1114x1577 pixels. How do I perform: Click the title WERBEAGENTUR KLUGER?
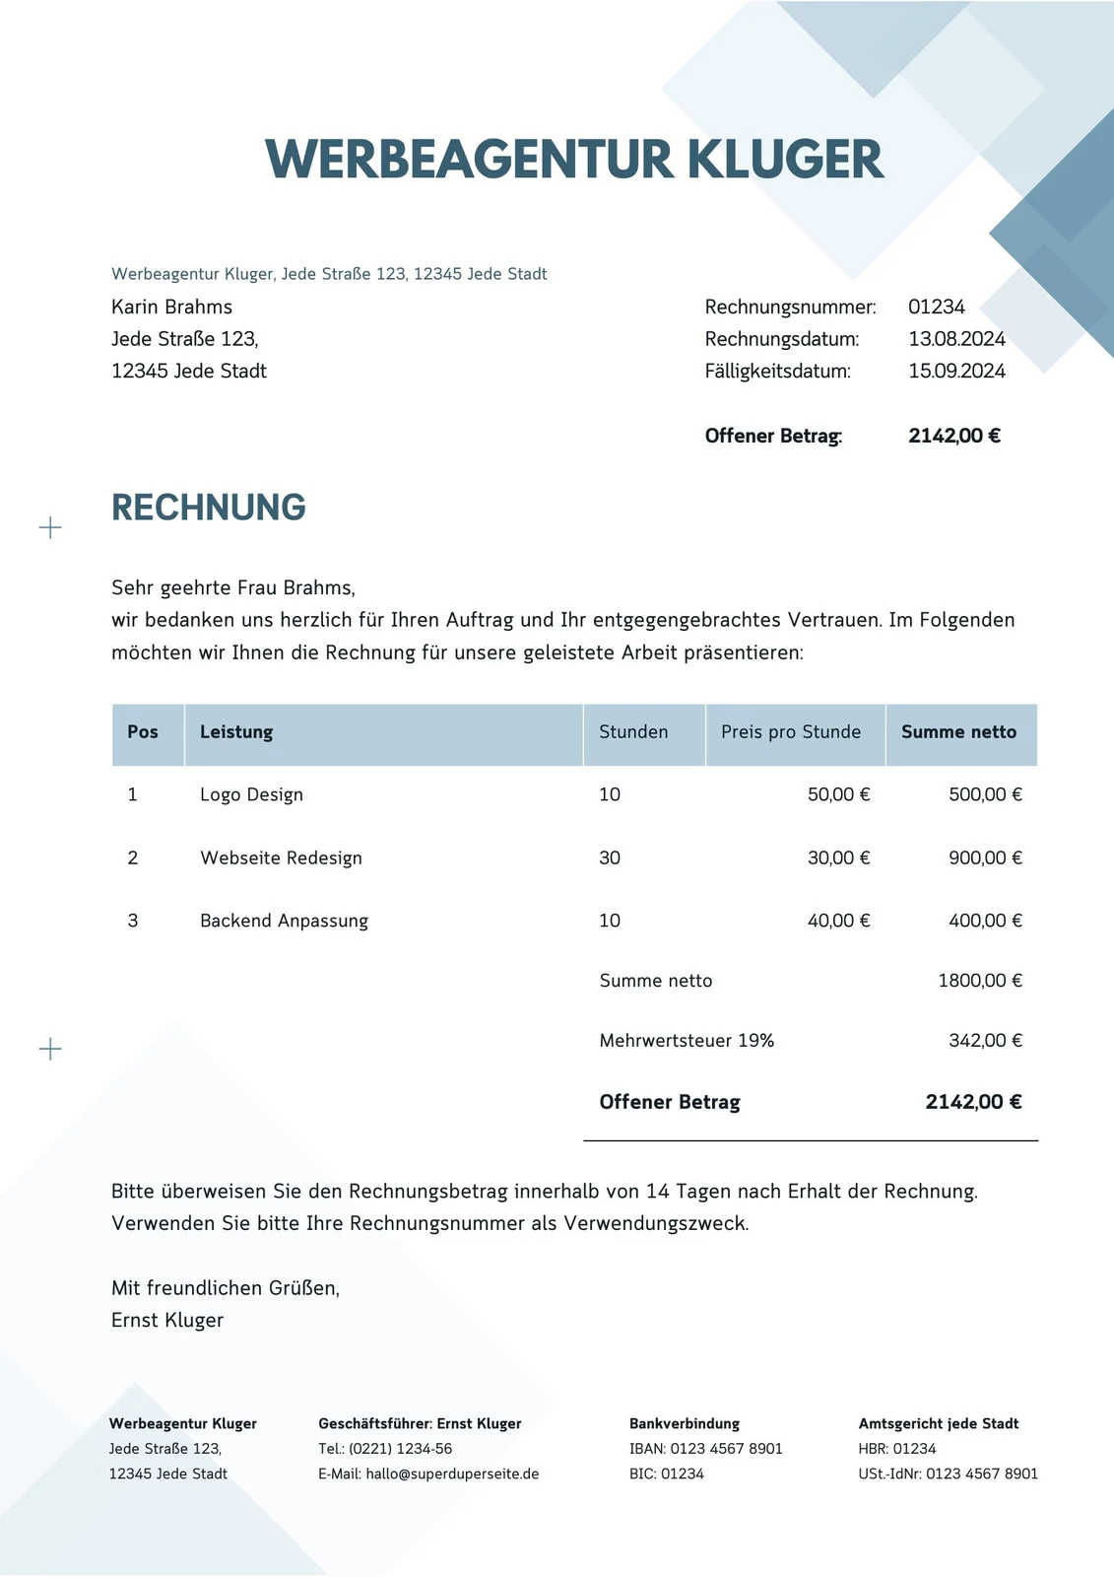click(574, 160)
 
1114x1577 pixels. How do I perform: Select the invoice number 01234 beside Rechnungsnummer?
click(936, 307)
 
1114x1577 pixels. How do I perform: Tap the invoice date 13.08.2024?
click(956, 339)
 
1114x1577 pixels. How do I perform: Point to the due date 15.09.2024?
click(956, 372)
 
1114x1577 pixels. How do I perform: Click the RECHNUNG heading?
click(208, 508)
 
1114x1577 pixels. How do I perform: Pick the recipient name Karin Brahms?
click(171, 307)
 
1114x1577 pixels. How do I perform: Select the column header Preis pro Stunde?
click(790, 732)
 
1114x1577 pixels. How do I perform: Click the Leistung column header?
click(236, 732)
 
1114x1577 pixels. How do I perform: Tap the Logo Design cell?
click(251, 794)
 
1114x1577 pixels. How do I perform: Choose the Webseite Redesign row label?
click(281, 857)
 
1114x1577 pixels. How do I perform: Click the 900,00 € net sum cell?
click(985, 857)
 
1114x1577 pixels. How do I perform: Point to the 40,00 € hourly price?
click(838, 921)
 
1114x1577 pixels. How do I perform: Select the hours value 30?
click(610, 857)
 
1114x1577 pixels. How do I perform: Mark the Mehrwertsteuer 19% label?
click(687, 1041)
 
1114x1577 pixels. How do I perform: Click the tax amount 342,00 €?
click(985, 1041)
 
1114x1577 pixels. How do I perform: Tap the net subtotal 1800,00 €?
click(980, 981)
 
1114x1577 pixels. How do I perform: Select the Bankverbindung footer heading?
click(685, 1423)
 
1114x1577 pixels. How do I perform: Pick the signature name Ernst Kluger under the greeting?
click(167, 1321)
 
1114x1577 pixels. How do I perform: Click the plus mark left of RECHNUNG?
click(50, 528)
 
